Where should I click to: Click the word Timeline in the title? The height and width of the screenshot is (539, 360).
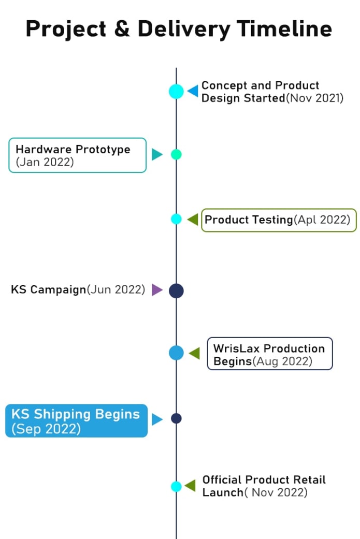click(x=284, y=28)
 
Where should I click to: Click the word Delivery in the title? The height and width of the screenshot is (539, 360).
click(x=184, y=30)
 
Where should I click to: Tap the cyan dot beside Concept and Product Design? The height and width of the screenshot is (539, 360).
click(x=176, y=92)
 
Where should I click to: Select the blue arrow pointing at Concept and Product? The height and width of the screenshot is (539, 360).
click(x=193, y=91)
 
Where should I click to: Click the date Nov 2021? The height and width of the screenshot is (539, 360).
click(x=314, y=98)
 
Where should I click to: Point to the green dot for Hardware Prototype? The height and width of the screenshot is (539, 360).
click(x=176, y=154)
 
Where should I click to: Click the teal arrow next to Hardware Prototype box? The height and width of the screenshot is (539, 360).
click(x=157, y=154)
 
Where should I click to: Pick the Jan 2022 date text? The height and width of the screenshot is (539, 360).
click(x=45, y=162)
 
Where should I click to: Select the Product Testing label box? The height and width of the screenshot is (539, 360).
click(x=279, y=220)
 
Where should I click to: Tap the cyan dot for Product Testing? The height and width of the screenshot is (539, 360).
click(x=176, y=218)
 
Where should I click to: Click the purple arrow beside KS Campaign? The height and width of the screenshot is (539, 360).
click(x=157, y=290)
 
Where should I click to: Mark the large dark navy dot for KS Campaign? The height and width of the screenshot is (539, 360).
click(x=176, y=291)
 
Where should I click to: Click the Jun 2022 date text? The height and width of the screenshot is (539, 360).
click(x=116, y=289)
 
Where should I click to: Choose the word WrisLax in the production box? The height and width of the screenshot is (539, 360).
click(x=236, y=348)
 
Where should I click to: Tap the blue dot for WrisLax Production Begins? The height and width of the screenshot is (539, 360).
click(x=176, y=353)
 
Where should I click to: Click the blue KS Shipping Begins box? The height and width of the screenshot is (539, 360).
click(x=76, y=421)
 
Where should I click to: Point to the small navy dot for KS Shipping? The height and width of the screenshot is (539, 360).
click(x=176, y=418)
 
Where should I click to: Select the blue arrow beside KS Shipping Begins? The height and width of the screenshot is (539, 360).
click(x=157, y=419)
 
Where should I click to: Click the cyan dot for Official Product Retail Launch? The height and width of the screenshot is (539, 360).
click(x=176, y=486)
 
